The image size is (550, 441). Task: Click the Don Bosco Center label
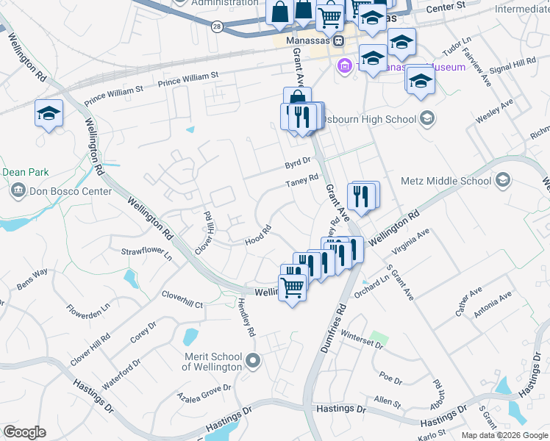[71, 192]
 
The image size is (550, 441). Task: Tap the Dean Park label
[25, 172]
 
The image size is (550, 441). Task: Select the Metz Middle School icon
[503, 180]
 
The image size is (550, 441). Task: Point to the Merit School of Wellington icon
[254, 360]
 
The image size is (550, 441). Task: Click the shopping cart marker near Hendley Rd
[293, 288]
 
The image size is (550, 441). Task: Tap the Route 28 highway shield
[216, 26]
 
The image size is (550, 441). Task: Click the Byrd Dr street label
[299, 166]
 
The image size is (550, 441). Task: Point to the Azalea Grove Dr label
[204, 392]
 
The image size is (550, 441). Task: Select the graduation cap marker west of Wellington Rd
[49, 114]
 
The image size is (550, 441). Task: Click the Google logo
[24, 432]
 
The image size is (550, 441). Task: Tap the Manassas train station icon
[339, 41]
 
